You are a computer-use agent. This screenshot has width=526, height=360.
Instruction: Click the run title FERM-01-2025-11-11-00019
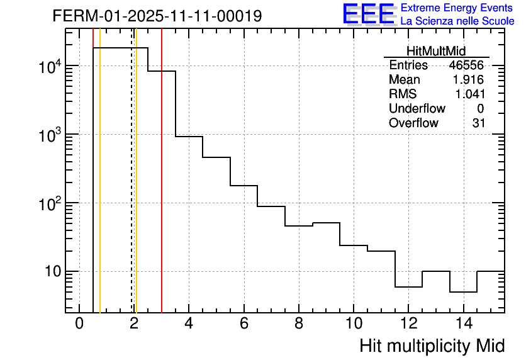[157, 16]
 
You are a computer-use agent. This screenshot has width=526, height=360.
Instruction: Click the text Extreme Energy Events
[457, 8]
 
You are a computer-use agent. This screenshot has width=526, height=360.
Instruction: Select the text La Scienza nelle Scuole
[457, 21]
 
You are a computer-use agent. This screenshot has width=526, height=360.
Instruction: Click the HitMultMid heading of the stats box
[437, 52]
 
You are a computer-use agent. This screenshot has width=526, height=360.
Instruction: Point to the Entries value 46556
[466, 65]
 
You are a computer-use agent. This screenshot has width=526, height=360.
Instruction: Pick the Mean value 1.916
[468, 80]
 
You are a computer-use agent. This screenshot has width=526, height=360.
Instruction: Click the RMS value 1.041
[468, 94]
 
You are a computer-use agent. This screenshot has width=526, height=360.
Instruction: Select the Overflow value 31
[479, 123]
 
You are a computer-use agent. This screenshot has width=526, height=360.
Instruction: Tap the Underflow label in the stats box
[417, 109]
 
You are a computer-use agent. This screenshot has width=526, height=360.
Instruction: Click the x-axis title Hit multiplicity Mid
[432, 346]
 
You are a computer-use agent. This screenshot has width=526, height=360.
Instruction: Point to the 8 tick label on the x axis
[298, 324]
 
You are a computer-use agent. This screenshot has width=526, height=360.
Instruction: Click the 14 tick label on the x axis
[463, 324]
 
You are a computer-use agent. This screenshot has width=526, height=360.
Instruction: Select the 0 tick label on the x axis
[79, 324]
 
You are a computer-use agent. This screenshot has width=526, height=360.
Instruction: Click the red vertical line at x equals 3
[162, 189]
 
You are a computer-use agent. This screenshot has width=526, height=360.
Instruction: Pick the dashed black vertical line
[131, 189]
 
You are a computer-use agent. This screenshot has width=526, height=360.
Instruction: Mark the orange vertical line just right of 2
[137, 189]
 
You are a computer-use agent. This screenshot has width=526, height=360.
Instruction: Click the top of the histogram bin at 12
[408, 287]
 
